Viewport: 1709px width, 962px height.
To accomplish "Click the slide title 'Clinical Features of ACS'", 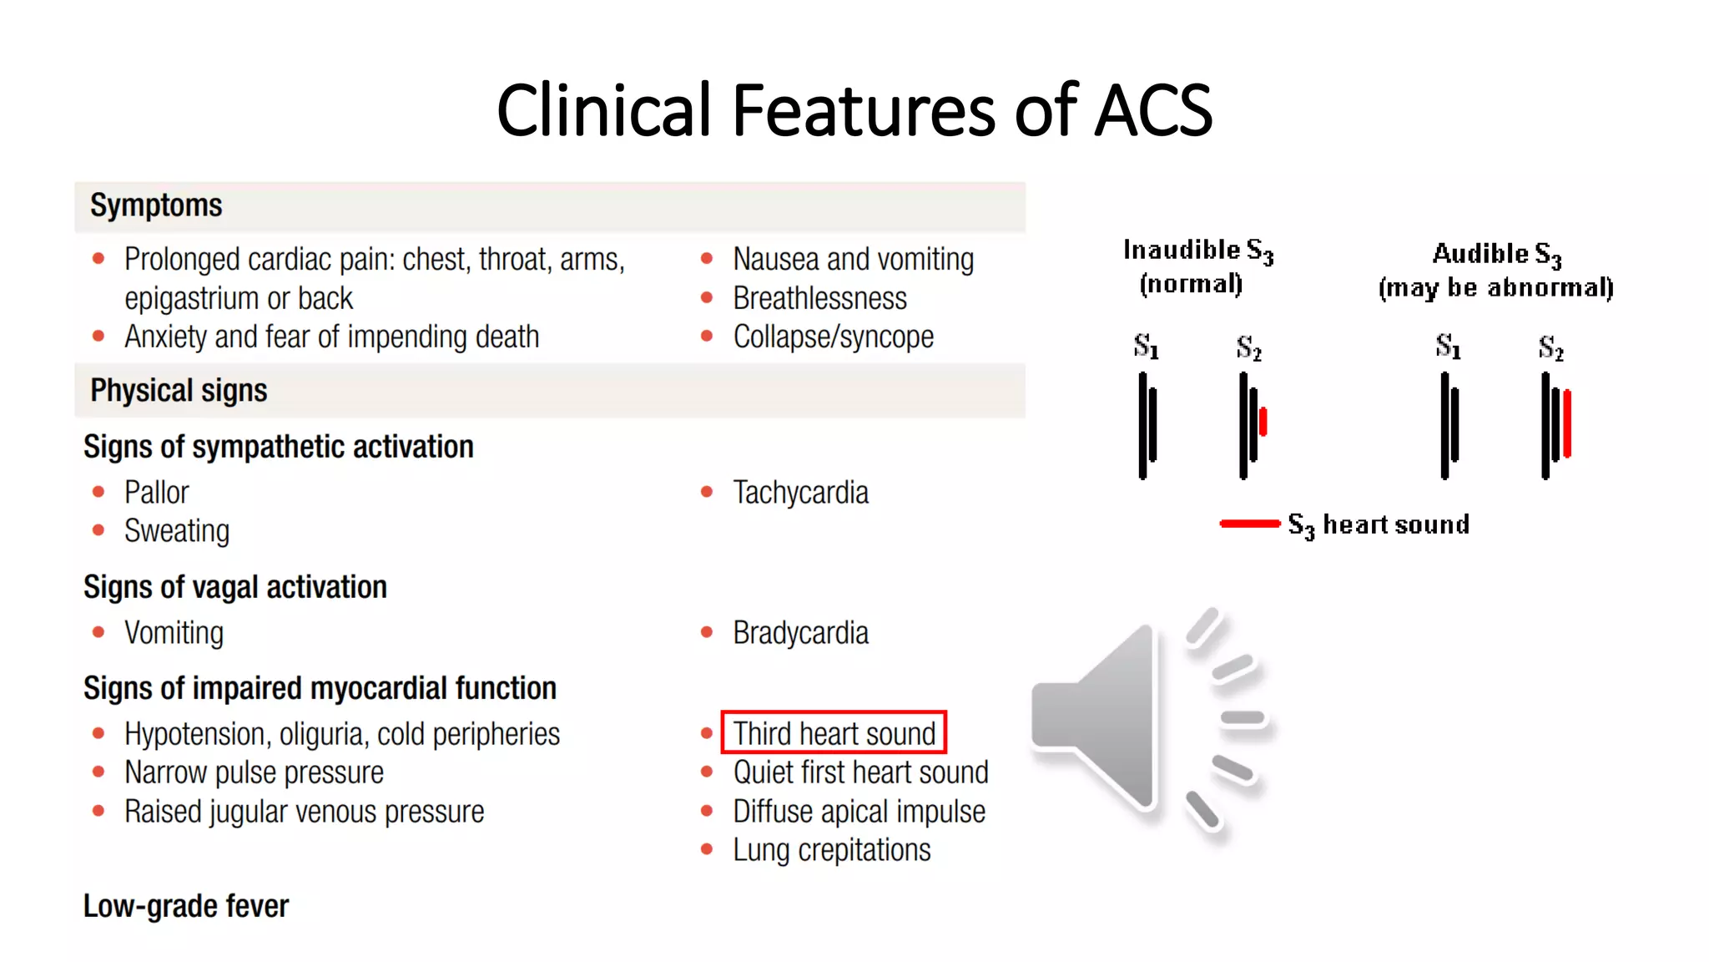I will pyautogui.click(x=854, y=110).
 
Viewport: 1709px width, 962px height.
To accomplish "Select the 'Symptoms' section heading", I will pyautogui.click(x=156, y=205).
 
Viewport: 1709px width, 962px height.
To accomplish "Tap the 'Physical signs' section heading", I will pyautogui.click(x=179, y=391).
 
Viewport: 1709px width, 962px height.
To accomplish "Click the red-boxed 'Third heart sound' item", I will pyautogui.click(x=834, y=733).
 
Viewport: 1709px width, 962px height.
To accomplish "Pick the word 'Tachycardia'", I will pyautogui.click(x=800, y=493).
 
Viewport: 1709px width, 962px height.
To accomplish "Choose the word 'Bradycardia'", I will pyautogui.click(x=800, y=633).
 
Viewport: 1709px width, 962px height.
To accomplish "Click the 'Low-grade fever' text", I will pyautogui.click(x=185, y=906).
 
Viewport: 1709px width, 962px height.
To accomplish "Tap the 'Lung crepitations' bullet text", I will pyautogui.click(x=831, y=850).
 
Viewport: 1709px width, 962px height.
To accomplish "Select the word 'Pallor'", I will pyautogui.click(x=156, y=493).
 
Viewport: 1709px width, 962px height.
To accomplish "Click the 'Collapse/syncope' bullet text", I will pyautogui.click(x=833, y=337).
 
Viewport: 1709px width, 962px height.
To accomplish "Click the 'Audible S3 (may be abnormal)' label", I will pyautogui.click(x=1495, y=270).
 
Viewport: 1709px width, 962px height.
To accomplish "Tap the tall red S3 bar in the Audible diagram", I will pyautogui.click(x=1567, y=423).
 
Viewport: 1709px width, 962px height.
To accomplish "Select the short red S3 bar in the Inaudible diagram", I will pyautogui.click(x=1263, y=422).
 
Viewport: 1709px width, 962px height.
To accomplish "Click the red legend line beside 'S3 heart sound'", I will pyautogui.click(x=1249, y=524).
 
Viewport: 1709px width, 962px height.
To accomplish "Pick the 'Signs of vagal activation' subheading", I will pyautogui.click(x=234, y=587).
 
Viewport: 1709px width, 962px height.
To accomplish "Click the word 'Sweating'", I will pyautogui.click(x=176, y=531).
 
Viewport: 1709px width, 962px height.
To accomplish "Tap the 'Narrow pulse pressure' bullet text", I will pyautogui.click(x=254, y=772).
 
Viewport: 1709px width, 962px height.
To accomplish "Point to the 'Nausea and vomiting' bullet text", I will pyautogui.click(x=853, y=260).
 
